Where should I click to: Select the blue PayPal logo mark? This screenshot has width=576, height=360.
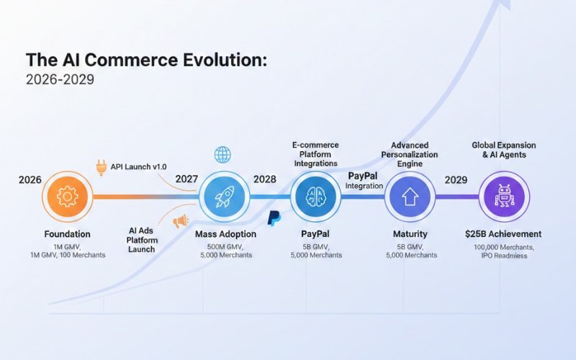[274, 218]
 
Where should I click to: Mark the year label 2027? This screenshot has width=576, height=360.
[189, 179]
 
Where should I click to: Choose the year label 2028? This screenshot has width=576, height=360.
[265, 179]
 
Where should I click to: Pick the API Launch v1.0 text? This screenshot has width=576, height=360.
[141, 168]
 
